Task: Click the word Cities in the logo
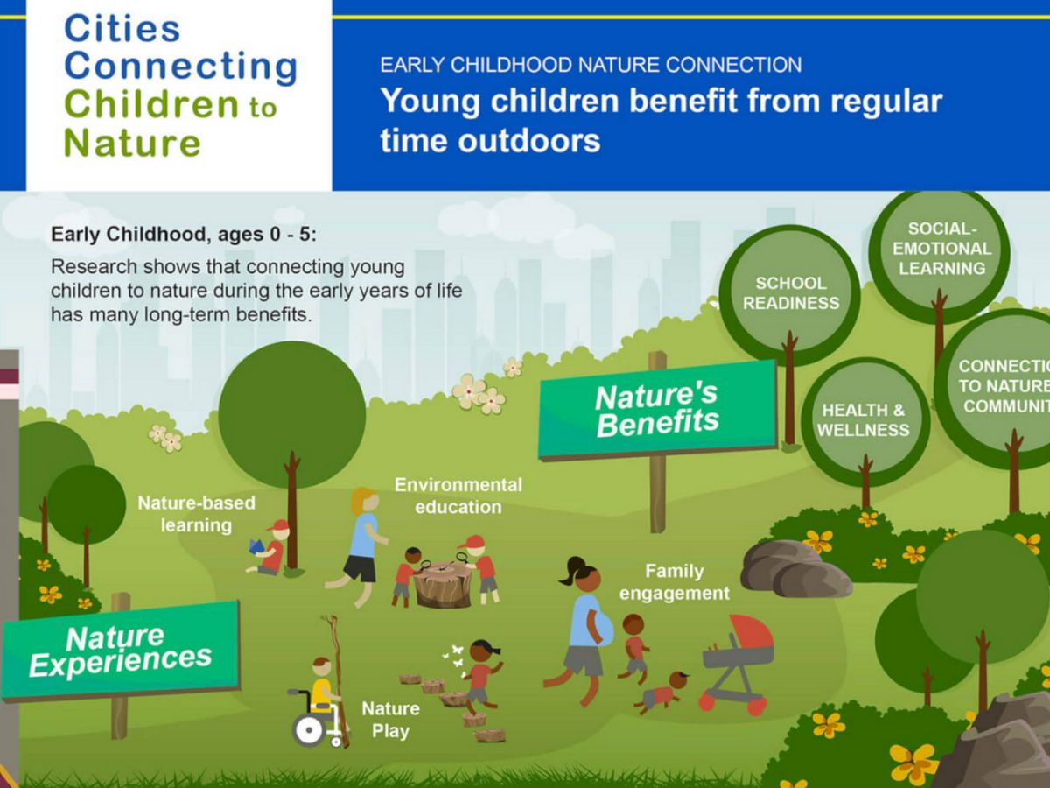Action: [122, 28]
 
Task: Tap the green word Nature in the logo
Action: [132, 143]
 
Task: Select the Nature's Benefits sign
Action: [657, 410]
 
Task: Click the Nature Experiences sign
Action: [120, 651]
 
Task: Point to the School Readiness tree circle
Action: [790, 293]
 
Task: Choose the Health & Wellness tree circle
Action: [864, 421]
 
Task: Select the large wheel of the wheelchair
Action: [310, 729]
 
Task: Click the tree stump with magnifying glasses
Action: [443, 584]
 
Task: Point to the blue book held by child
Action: [255, 546]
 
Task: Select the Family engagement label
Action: [675, 581]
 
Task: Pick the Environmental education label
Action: [458, 496]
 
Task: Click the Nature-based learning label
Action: [197, 514]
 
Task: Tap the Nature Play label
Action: [391, 720]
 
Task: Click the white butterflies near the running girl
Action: [454, 658]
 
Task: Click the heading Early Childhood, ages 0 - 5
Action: [184, 235]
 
